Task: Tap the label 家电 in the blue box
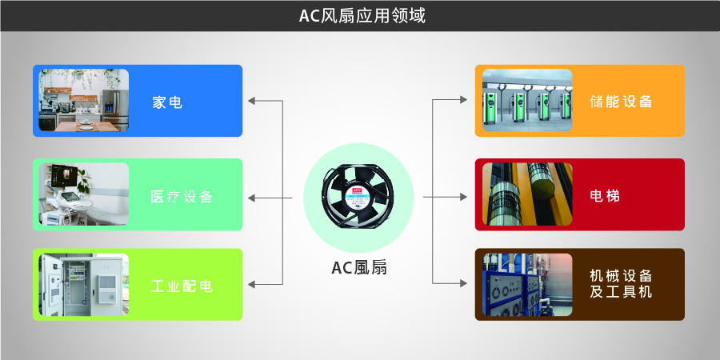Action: (167, 102)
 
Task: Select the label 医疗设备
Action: (182, 197)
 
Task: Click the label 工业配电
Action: (182, 286)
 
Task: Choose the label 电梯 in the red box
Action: (604, 195)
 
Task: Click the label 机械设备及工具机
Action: (621, 284)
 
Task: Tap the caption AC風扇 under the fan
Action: (359, 268)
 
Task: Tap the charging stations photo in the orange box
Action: (527, 101)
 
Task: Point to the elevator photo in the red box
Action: (527, 194)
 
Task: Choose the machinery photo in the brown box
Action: (527, 285)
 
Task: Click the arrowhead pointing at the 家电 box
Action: (252, 101)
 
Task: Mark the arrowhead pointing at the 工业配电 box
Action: (252, 284)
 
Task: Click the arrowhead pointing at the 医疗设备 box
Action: (252, 197)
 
